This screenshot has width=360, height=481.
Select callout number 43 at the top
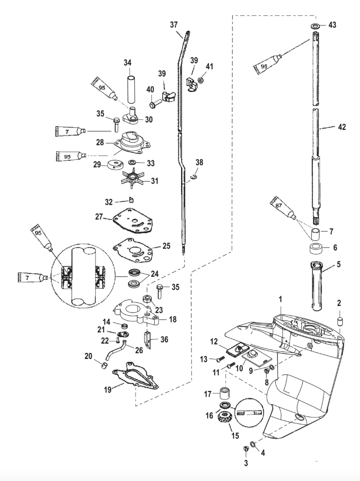coord(332,25)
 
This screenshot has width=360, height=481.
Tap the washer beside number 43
coord(314,25)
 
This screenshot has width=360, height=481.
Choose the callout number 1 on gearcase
coord(280,299)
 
